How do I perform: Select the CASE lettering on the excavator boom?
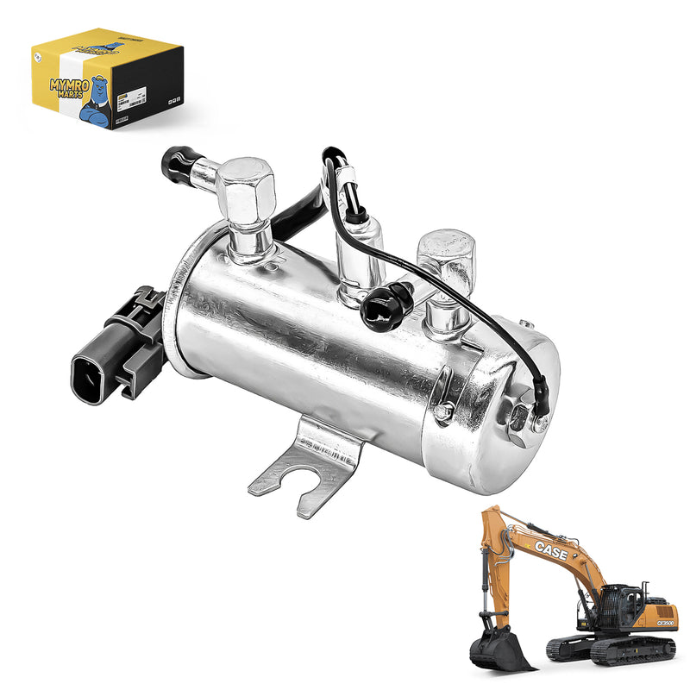point(550,550)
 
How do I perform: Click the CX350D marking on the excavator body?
point(663,623)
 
